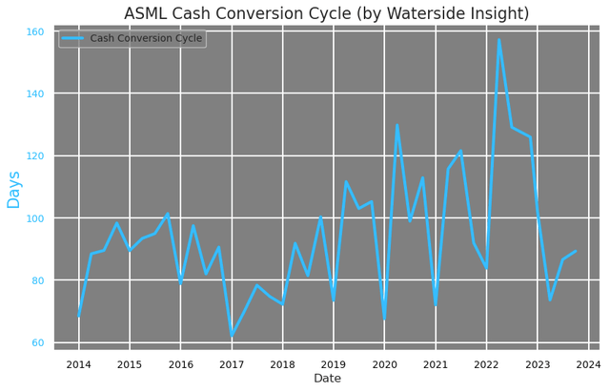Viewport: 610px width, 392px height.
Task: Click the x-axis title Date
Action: pyautogui.click(x=327, y=379)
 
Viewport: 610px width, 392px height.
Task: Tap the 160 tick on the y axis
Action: pyautogui.click(x=34, y=31)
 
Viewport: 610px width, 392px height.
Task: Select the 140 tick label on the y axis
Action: pyautogui.click(x=34, y=93)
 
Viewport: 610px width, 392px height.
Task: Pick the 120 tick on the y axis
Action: pyautogui.click(x=34, y=155)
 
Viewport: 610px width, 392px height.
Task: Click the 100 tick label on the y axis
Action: pyautogui.click(x=34, y=218)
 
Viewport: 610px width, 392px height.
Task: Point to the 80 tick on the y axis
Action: pyautogui.click(x=34, y=280)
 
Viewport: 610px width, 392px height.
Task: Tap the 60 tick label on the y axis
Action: pyautogui.click(x=34, y=342)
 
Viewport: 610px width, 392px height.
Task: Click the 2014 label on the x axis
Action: pyautogui.click(x=78, y=364)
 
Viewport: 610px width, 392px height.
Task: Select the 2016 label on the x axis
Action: pyautogui.click(x=180, y=364)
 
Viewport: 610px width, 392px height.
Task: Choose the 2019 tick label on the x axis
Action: pyautogui.click(x=334, y=364)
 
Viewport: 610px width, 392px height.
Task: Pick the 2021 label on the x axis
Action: pyautogui.click(x=436, y=364)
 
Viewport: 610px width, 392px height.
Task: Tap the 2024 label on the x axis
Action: pyautogui.click(x=588, y=364)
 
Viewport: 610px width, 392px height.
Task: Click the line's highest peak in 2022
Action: pyautogui.click(x=498, y=39)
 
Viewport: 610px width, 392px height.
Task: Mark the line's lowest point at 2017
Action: pyautogui.click(x=232, y=336)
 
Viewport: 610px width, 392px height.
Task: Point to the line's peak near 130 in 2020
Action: pyautogui.click(x=396, y=125)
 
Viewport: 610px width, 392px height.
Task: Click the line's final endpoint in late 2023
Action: pyautogui.click(x=576, y=252)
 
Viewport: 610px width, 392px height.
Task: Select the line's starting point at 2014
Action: pyautogui.click(x=78, y=316)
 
